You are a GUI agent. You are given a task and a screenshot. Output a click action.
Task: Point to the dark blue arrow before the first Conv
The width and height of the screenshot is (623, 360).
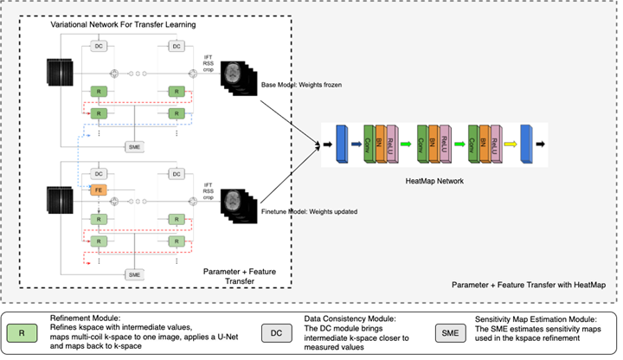click(355, 142)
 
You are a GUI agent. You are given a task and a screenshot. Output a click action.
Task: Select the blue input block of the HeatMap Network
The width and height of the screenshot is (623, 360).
click(338, 142)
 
